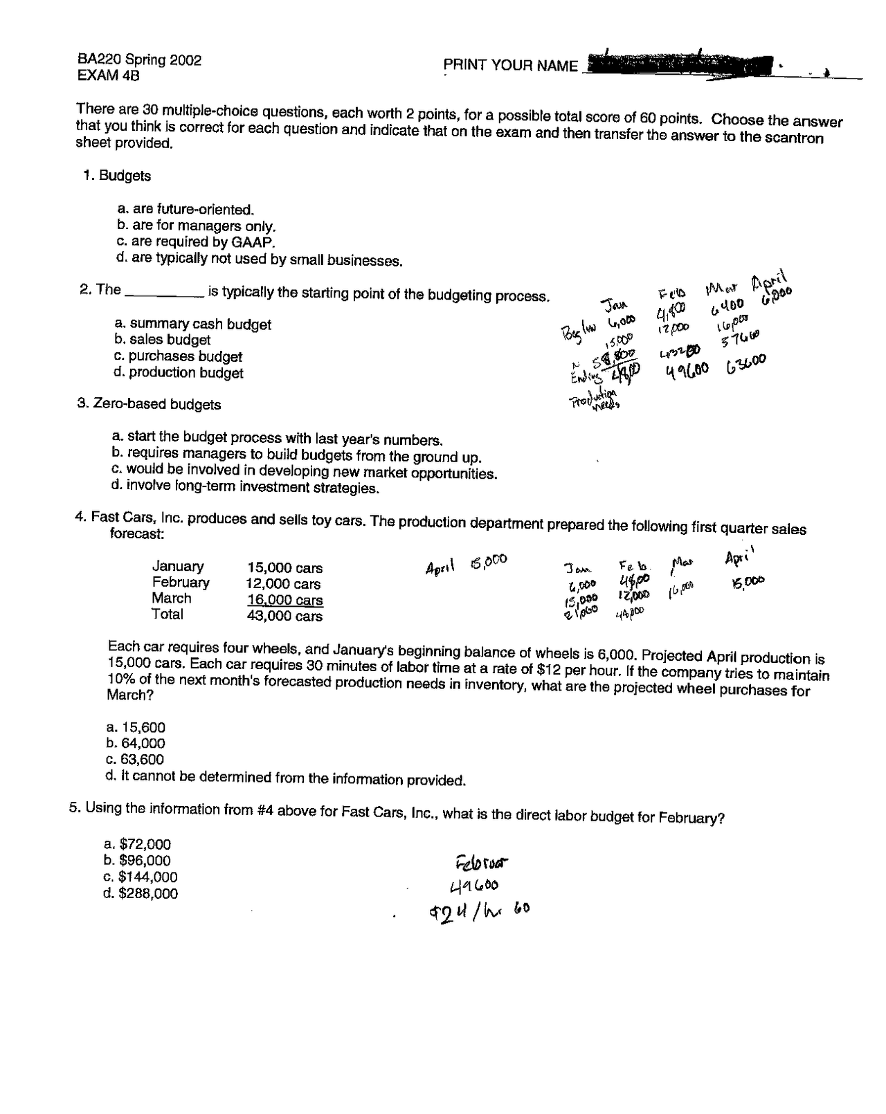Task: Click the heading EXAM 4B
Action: (x=109, y=75)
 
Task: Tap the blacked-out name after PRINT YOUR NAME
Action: (x=678, y=65)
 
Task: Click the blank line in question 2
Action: (x=163, y=294)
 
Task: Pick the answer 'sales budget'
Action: (x=163, y=340)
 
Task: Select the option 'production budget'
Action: (x=179, y=373)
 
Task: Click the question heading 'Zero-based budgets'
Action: (x=150, y=404)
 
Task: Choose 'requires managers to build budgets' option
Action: (x=296, y=455)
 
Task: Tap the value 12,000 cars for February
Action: (x=284, y=584)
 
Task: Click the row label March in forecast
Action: (x=172, y=599)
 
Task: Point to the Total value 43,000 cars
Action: (x=284, y=616)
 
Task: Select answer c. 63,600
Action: (x=136, y=760)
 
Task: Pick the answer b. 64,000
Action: (x=136, y=743)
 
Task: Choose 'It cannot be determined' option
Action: (x=285, y=778)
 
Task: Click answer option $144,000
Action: (x=141, y=877)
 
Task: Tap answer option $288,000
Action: (x=141, y=894)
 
